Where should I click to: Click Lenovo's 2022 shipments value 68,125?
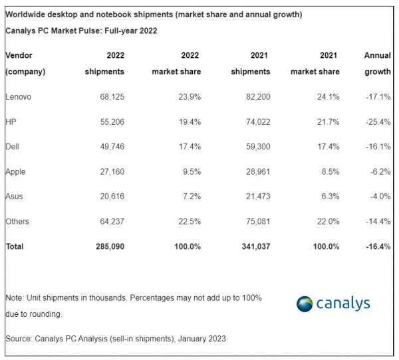point(110,97)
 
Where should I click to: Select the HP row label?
point(11,122)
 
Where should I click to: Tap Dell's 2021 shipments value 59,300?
point(255,147)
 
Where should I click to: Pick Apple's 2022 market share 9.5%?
point(189,171)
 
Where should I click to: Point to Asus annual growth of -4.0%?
point(379,197)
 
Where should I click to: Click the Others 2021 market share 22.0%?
point(326,221)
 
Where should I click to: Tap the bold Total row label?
point(15,246)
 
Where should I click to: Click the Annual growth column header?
point(377,64)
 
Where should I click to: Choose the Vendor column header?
point(19,56)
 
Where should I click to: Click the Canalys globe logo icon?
point(305,304)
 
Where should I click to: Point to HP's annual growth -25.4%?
point(377,122)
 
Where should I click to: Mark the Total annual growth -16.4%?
point(377,246)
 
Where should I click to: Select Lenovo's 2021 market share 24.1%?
point(326,97)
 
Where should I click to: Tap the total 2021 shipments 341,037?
point(253,246)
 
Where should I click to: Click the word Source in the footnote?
point(18,339)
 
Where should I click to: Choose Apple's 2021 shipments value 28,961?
point(255,171)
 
